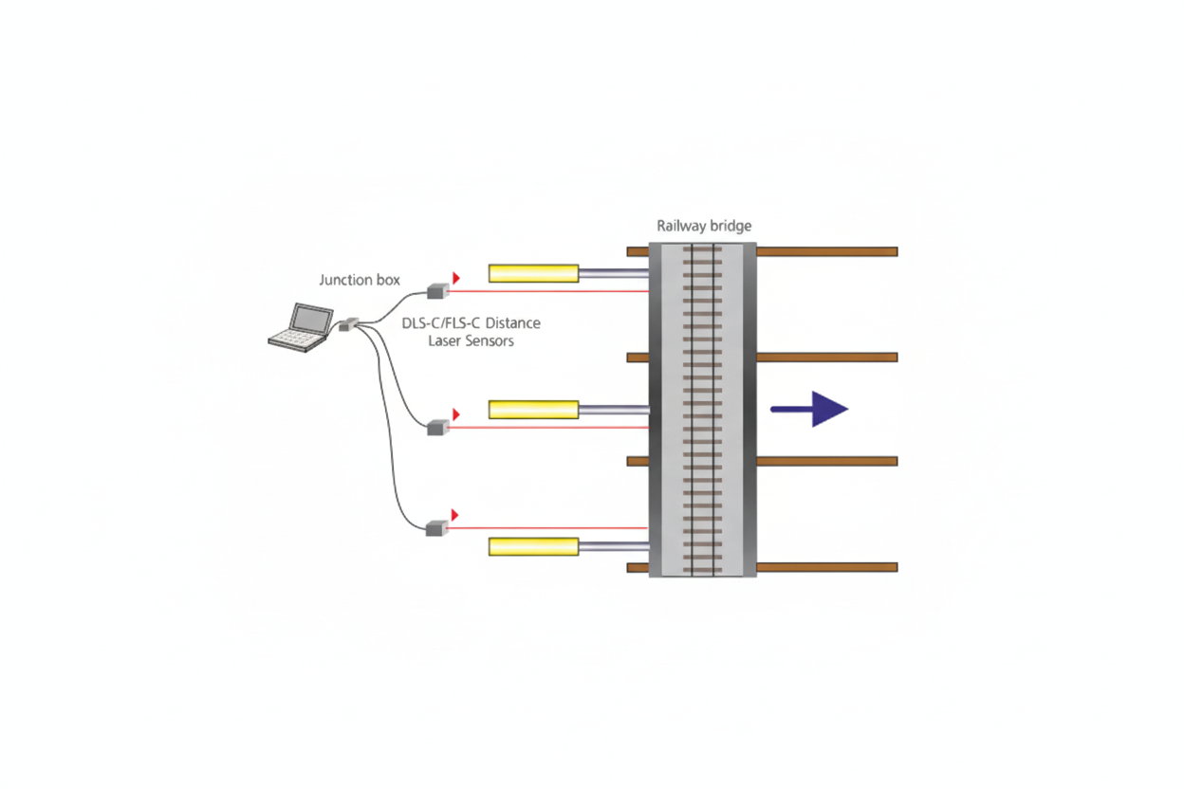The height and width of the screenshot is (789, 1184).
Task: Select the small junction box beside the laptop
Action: (x=349, y=324)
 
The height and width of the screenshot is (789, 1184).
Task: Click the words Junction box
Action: (x=360, y=280)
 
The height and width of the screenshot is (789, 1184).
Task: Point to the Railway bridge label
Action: (x=704, y=226)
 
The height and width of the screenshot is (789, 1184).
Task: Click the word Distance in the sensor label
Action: (x=512, y=322)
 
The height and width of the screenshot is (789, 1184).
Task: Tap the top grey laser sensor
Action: (x=437, y=290)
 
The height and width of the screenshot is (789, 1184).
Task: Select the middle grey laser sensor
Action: (x=437, y=427)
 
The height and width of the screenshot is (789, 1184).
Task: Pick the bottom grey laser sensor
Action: (x=436, y=528)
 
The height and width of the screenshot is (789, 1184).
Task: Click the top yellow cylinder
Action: (x=533, y=273)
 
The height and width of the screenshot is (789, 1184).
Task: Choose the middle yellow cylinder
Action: (x=533, y=410)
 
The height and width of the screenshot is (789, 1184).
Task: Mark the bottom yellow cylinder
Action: (x=533, y=546)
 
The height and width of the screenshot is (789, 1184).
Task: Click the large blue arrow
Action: (x=809, y=409)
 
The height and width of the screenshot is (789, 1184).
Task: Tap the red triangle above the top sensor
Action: (x=456, y=278)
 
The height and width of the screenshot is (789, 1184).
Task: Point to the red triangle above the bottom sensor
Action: (x=455, y=515)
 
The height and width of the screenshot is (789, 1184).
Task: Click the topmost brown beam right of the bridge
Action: (x=827, y=251)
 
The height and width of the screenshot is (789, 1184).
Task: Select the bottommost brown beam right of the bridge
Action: (x=827, y=567)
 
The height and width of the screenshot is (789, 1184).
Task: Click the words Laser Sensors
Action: (x=471, y=340)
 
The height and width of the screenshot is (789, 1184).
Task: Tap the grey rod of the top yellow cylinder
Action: (x=614, y=273)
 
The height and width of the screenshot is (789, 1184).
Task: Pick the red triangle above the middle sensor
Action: (x=456, y=414)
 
